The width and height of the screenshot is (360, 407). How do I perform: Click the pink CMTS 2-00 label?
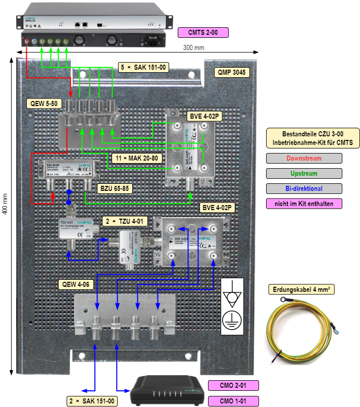coord(203,32)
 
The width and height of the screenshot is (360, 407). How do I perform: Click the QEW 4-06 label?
coord(76,284)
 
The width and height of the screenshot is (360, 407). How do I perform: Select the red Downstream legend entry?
coord(304,158)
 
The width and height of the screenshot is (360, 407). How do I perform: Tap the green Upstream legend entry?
coord(304,173)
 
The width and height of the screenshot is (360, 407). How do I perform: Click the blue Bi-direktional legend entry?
coord(304,188)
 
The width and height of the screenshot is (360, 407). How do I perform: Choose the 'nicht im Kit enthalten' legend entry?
coord(304,204)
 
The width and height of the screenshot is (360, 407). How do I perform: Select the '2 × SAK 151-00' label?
coord(92,401)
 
